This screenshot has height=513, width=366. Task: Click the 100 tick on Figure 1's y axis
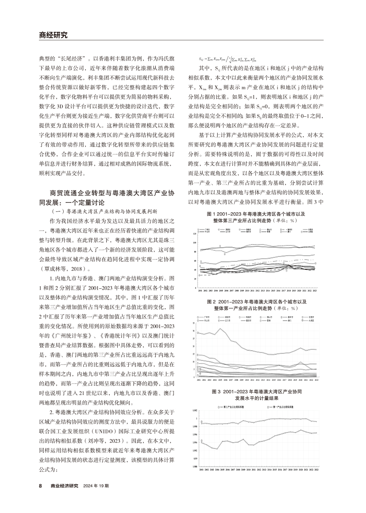[195, 243]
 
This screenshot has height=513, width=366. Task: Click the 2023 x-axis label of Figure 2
[316, 380]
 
